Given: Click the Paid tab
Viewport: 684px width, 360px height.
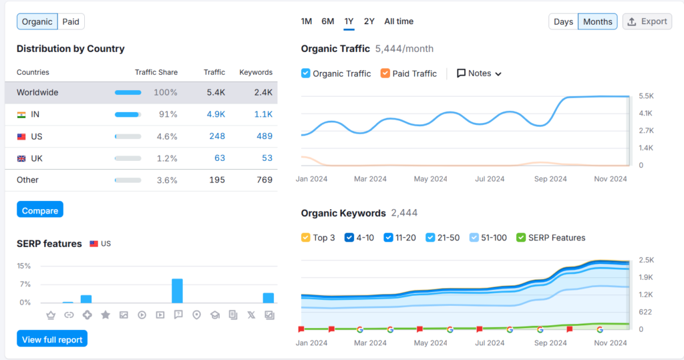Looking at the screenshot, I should point(71,21).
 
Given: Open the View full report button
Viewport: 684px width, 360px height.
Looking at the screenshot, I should point(52,339).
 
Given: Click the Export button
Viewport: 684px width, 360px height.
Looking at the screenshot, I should point(647,21).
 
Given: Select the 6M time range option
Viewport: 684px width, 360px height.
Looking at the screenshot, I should point(327,21).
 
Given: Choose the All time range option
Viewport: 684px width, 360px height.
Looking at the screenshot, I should point(399,21).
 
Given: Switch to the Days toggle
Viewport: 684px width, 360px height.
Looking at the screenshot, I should point(563,21).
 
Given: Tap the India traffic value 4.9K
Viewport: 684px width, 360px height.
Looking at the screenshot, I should point(215,114).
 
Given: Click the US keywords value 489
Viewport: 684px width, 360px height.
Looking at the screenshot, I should point(264,136).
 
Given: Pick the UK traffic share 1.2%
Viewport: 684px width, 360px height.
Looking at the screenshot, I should point(167,158).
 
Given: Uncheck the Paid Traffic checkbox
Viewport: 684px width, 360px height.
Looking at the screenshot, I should point(385,73).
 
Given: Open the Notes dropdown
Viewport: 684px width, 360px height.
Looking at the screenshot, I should point(479,73).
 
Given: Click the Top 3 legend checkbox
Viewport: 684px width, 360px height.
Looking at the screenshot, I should point(306,238).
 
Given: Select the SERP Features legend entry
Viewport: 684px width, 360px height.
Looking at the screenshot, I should point(521,238).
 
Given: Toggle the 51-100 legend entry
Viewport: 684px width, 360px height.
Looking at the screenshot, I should point(474,238).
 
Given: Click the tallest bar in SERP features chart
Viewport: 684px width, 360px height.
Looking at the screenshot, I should point(177,291).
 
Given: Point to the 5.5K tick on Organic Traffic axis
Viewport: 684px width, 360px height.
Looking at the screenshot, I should point(646,96).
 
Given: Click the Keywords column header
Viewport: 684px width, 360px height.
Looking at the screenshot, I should point(256,72).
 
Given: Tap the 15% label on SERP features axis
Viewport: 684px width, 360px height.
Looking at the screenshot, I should point(24,266).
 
